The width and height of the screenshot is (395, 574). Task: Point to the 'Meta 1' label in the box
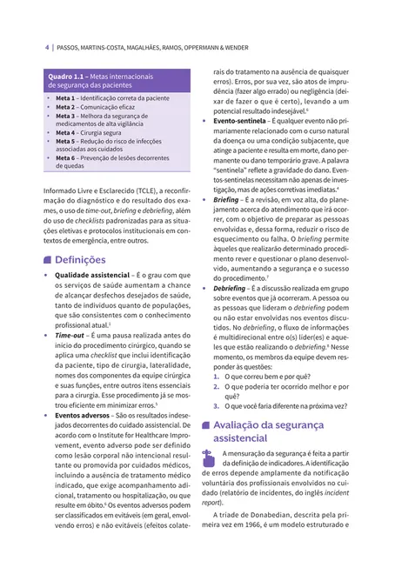[66, 99]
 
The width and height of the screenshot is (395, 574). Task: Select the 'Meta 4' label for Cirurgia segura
[66, 131]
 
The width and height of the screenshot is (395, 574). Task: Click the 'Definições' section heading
[80, 259]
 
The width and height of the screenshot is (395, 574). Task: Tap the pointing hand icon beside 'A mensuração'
[207, 459]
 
